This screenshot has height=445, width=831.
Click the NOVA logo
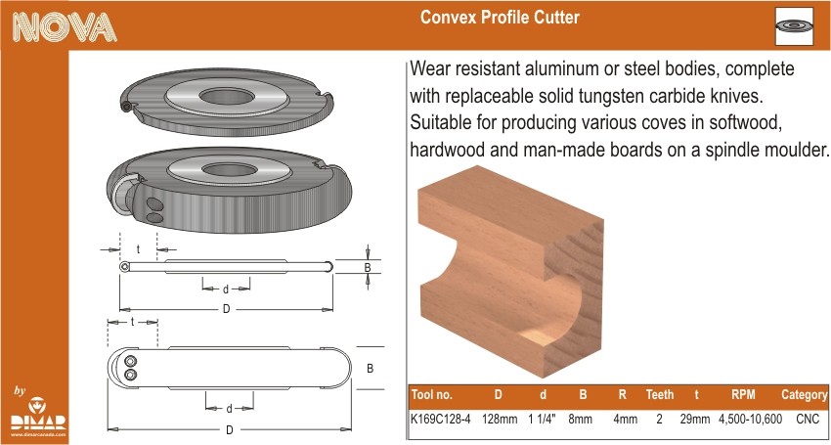65,27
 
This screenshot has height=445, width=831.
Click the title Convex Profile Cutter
500,18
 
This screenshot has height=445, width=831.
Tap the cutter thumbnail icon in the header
794,26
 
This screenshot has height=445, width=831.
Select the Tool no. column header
431,394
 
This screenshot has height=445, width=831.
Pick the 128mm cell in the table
500,419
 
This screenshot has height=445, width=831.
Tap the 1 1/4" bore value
542,419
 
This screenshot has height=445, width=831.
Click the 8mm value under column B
580,419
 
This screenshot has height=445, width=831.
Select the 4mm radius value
625,419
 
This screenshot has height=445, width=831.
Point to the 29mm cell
695,419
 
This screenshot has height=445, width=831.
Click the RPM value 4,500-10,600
750,419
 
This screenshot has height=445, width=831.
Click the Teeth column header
660,394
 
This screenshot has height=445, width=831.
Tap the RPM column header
743,394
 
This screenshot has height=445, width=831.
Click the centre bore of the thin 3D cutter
227,96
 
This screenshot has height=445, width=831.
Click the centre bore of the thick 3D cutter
230,170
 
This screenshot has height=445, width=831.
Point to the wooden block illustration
511,271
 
